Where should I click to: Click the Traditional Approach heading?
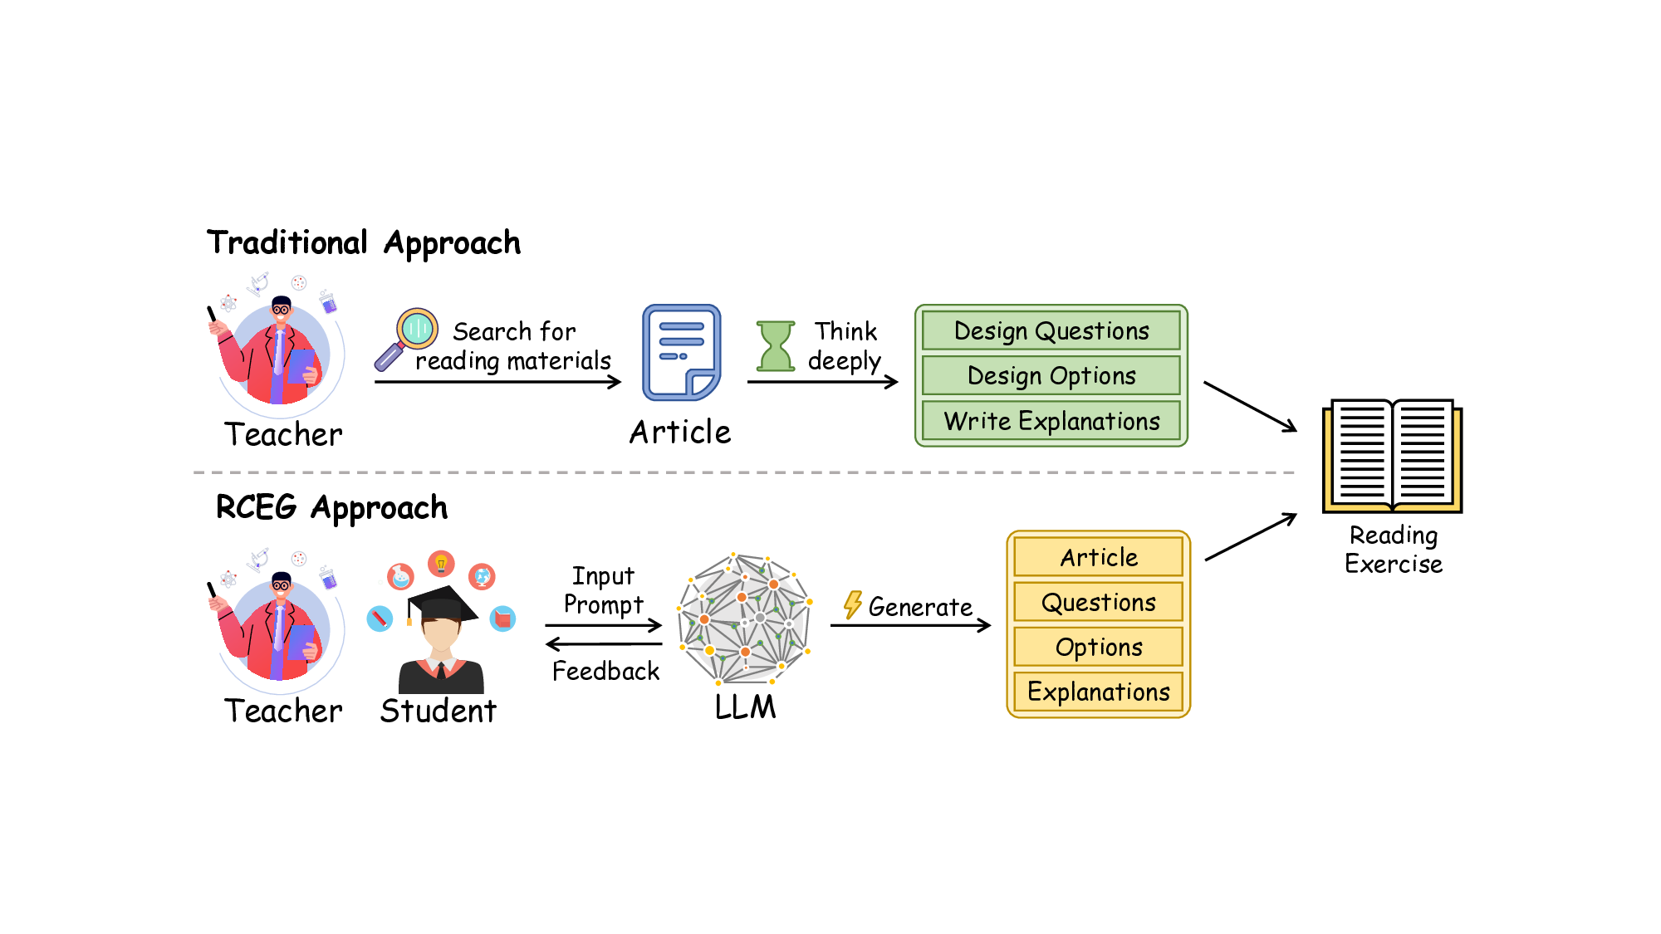(x=364, y=243)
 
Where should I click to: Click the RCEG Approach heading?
(x=331, y=507)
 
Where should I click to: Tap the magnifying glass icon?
(x=407, y=337)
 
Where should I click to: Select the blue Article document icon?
(x=681, y=352)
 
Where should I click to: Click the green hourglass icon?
(x=776, y=345)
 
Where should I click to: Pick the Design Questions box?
(x=1051, y=330)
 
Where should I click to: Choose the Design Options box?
(x=1051, y=375)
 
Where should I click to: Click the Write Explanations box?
(x=1051, y=421)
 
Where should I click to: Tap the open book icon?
(x=1392, y=455)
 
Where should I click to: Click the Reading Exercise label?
(x=1393, y=550)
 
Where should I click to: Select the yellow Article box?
(x=1098, y=557)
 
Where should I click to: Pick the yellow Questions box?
(x=1098, y=602)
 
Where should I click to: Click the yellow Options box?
(x=1098, y=647)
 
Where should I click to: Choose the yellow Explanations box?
(x=1098, y=692)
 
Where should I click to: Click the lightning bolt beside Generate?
(x=852, y=604)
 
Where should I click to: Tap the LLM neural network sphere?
(x=745, y=619)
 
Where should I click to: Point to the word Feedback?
(x=605, y=671)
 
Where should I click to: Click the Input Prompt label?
(x=603, y=590)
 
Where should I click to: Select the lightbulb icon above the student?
(x=441, y=564)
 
